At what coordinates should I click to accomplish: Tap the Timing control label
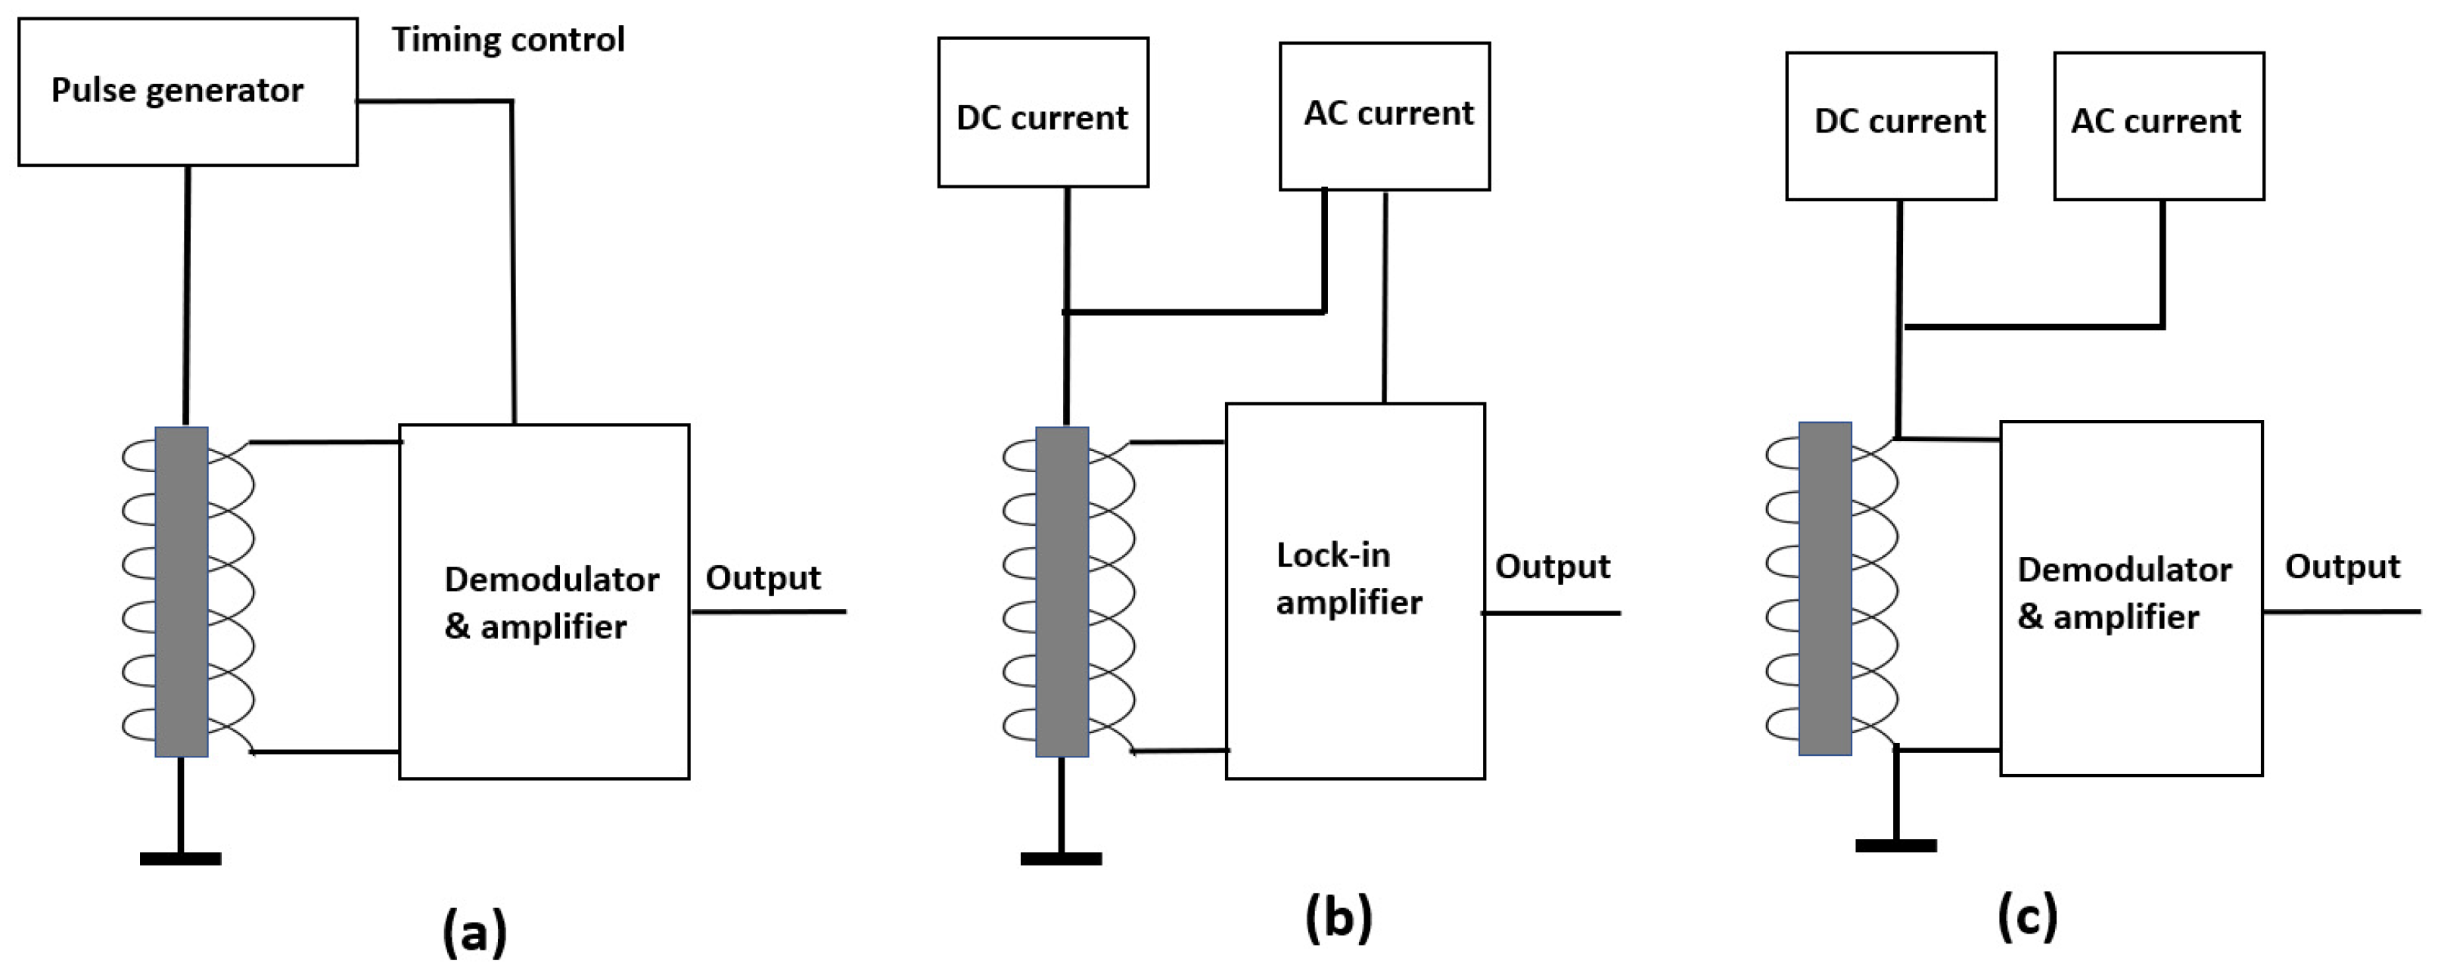coord(508,40)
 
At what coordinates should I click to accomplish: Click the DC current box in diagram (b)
coord(1043,113)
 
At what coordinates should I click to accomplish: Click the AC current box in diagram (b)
coord(1384,117)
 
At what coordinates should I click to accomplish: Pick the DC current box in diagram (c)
coord(1890,126)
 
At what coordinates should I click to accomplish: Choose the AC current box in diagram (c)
coord(2159,126)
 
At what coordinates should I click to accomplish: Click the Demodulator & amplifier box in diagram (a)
coord(543,602)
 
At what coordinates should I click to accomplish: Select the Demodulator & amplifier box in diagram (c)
coord(2131,598)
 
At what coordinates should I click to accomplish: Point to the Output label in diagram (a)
coord(763,578)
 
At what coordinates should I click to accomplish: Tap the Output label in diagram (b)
coord(1552,567)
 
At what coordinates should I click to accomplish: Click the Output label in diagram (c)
coord(2342,567)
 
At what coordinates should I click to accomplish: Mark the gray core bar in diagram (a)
coord(181,591)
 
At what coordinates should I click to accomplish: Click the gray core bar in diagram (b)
coord(1062,591)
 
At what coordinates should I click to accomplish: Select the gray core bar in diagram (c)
coord(1824,589)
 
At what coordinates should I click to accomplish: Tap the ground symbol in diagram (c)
coord(1895,843)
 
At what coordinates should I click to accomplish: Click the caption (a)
coord(474,932)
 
